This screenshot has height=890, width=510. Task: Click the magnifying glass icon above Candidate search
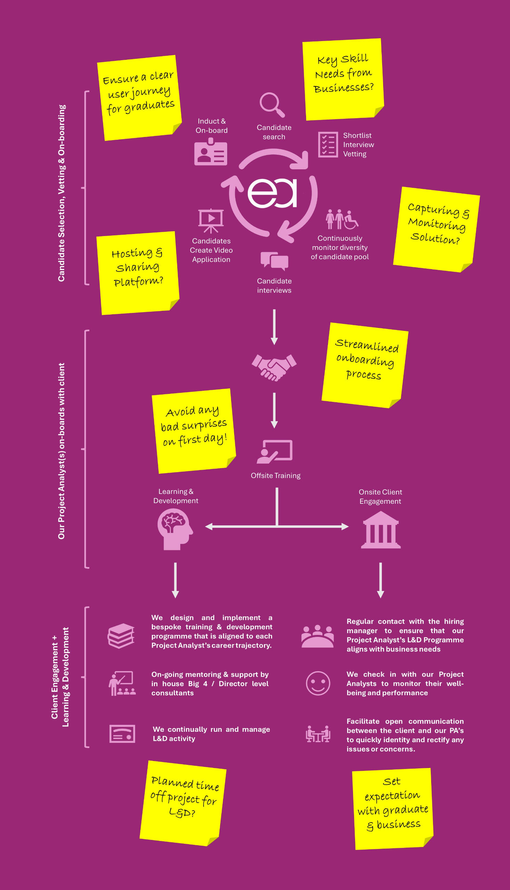tap(272, 104)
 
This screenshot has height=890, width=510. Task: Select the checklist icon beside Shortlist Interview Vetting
tap(328, 144)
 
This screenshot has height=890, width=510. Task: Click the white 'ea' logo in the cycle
tap(272, 193)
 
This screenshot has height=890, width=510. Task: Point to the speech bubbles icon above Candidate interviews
tap(274, 261)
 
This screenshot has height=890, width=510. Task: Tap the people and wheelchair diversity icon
tap(342, 219)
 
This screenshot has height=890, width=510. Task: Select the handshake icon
tap(274, 367)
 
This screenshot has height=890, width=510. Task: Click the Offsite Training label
tap(275, 475)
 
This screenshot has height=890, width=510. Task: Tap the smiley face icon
tap(318, 683)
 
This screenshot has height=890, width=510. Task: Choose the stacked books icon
tap(121, 636)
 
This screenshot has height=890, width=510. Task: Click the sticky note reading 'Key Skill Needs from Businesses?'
tap(343, 79)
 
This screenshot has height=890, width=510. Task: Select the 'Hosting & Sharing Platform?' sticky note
tap(138, 273)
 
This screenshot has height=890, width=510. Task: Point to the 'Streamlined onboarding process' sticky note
tap(365, 365)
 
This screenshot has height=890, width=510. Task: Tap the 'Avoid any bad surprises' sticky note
tap(194, 431)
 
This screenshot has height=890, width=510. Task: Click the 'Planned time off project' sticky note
tap(183, 803)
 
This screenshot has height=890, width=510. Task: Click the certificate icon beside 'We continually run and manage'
tap(122, 734)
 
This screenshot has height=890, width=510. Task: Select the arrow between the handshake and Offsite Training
tap(274, 410)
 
